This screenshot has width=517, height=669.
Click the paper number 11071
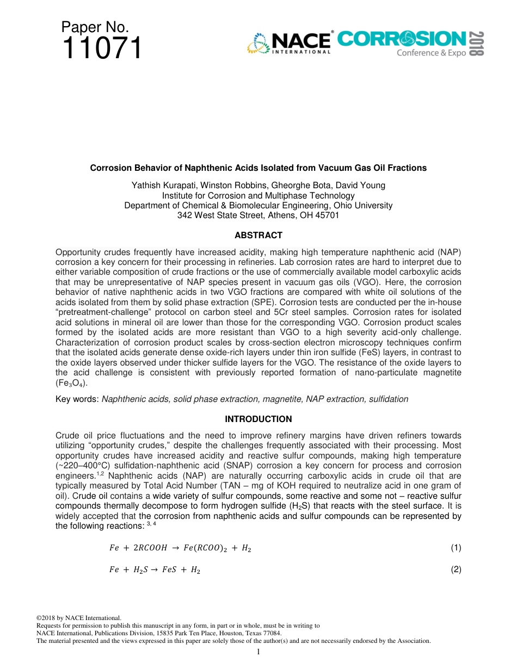tap(102, 48)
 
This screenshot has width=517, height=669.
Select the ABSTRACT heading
tap(258, 236)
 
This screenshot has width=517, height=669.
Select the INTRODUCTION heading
tap(258, 419)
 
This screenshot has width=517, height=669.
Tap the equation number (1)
tap(456, 548)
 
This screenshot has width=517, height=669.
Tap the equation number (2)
tap(456, 569)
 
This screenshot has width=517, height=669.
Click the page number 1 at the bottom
tap(258, 652)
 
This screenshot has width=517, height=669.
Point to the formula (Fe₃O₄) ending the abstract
tap(71, 383)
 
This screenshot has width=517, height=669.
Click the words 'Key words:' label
tap(77, 399)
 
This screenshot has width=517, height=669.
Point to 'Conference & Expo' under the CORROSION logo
tap(430, 53)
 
